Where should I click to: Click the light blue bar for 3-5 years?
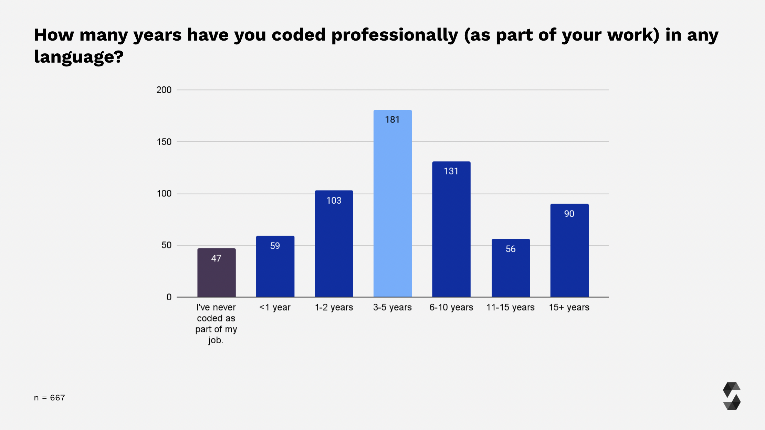coord(392,206)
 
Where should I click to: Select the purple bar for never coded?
coord(216,275)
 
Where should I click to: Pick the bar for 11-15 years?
coord(511,272)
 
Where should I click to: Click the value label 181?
coord(392,120)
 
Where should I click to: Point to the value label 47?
coord(216,258)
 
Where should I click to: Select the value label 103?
coord(334,201)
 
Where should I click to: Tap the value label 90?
coord(569,214)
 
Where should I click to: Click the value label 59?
coord(275,246)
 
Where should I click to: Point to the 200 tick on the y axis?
coord(164,90)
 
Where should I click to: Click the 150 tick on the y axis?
coord(164,142)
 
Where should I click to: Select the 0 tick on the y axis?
coord(169,297)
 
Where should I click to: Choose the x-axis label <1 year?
coord(275,308)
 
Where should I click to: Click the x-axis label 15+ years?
coord(569,308)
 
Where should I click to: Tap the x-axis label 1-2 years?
coord(334,308)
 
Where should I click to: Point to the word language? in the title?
coord(78,57)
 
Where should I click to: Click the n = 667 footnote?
coord(49,398)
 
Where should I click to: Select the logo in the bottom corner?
coord(732,396)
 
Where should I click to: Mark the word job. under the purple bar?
coord(216,341)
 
